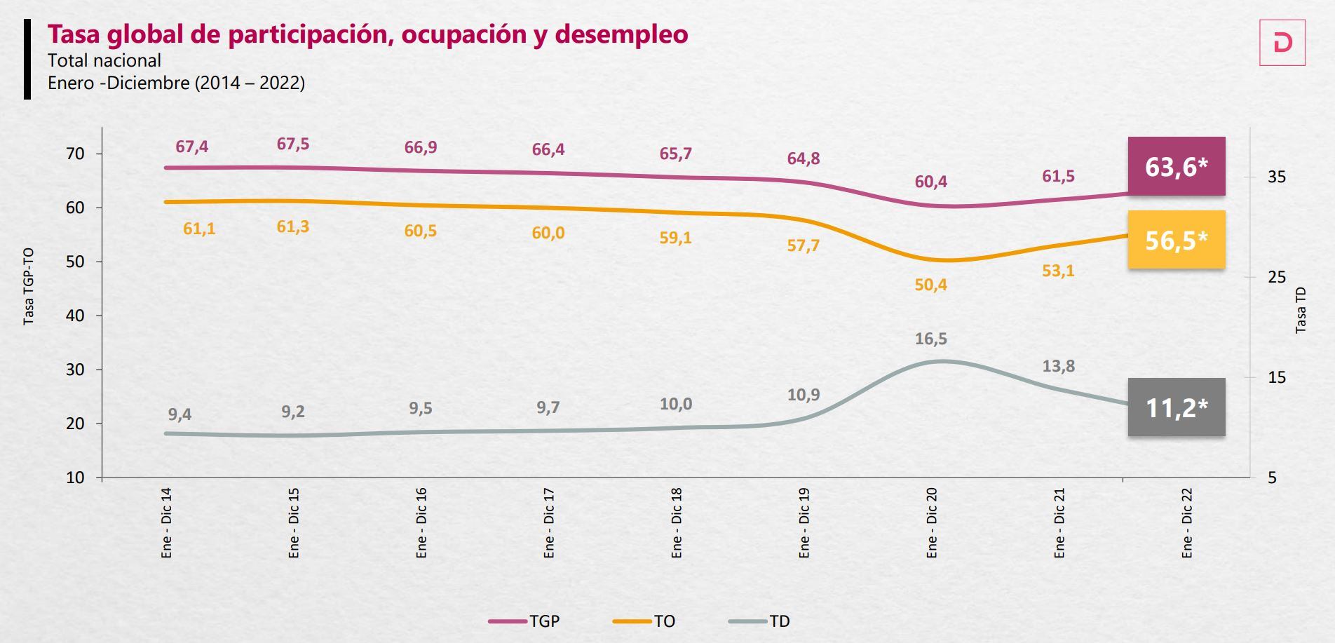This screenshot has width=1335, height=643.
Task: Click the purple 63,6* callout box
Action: coord(1176,167)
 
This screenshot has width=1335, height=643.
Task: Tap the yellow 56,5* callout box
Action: coord(1176,241)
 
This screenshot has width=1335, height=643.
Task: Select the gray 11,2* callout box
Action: coord(1176,407)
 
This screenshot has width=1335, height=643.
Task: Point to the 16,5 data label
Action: coord(930,339)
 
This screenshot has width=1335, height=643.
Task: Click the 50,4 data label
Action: coord(930,285)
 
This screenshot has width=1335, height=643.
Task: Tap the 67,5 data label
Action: coord(292,144)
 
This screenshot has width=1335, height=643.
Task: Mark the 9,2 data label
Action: coord(292,412)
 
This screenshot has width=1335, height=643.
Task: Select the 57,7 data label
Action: coord(803,245)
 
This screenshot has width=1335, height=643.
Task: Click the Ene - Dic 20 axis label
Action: coord(931,523)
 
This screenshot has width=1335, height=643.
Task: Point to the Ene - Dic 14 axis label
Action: coord(166,523)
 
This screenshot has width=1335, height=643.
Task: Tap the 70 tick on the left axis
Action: coord(75,154)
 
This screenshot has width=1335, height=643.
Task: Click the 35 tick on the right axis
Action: coord(1277,177)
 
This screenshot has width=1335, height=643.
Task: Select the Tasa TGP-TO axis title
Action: coord(29,286)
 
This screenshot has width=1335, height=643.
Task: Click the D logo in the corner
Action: coord(1282,43)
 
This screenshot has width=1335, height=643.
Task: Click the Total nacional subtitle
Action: coord(104,60)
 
